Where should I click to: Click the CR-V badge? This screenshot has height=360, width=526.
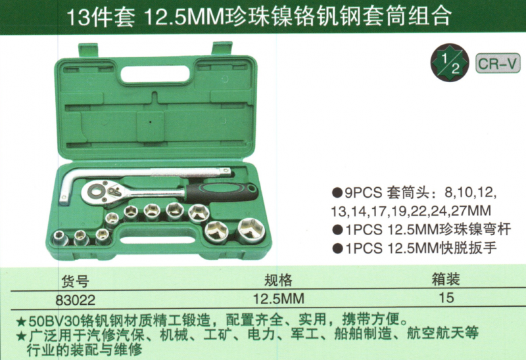pyautogui.click(x=498, y=63)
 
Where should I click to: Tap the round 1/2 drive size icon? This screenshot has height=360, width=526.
pyautogui.click(x=450, y=62)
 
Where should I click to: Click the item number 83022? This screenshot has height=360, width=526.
pyautogui.click(x=76, y=300)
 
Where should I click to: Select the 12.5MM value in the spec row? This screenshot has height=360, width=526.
pyautogui.click(x=278, y=298)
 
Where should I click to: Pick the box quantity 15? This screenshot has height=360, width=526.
pyautogui.click(x=446, y=298)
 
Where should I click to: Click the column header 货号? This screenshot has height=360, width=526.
pyautogui.click(x=75, y=281)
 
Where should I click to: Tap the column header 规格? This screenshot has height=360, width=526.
pyautogui.click(x=278, y=280)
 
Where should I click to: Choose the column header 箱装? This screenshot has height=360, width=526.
pyautogui.click(x=446, y=279)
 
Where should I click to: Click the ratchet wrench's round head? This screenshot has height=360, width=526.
pyautogui.click(x=97, y=192)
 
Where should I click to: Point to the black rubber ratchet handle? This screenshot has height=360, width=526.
pyautogui.click(x=222, y=192)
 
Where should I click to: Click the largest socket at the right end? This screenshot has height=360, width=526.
pyautogui.click(x=251, y=231)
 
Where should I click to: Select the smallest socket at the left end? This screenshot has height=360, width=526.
pyautogui.click(x=60, y=238)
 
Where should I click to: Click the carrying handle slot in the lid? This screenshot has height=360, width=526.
pyautogui.click(x=155, y=74)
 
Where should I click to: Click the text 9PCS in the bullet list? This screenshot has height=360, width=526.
pyautogui.click(x=363, y=192)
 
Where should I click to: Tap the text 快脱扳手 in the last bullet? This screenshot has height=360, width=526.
pyautogui.click(x=469, y=248)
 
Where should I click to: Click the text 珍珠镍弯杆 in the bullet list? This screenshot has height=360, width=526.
pyautogui.click(x=475, y=229)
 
